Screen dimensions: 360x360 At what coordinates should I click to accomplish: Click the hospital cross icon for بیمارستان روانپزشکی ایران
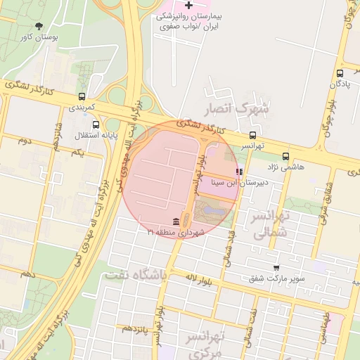pos(188,6)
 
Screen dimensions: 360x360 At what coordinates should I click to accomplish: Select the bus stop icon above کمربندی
pos(83,96)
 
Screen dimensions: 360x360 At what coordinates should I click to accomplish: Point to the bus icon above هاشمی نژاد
pos(285,156)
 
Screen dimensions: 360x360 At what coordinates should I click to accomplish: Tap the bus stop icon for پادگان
pos(340,72)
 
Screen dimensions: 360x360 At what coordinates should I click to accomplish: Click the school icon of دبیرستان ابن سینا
pos(239,171)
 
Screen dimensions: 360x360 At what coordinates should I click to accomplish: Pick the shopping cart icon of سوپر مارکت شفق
pos(276,268)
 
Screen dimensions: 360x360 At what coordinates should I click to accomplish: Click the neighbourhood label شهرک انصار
pos(236,110)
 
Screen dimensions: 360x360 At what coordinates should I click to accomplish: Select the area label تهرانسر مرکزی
pos(205,345)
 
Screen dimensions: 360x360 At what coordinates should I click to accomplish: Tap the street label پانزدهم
pos(136,328)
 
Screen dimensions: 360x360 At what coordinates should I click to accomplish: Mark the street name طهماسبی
pos(326,328)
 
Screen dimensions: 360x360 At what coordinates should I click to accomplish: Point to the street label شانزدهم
pos(58,129)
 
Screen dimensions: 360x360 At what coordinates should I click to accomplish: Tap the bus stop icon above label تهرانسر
pos(252,135)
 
